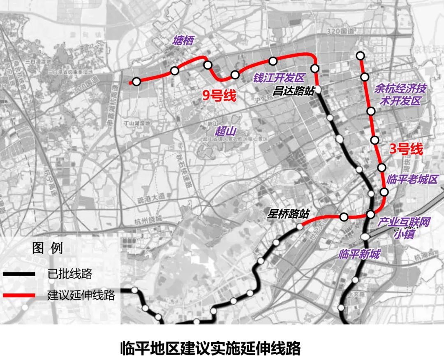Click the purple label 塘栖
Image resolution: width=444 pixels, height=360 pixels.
(183, 40)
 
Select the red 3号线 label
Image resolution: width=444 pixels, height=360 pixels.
(406, 150)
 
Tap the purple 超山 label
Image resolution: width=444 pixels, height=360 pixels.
(226, 131)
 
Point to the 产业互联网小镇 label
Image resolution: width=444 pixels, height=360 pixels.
(404, 228)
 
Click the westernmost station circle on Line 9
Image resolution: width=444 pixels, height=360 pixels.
(136, 81)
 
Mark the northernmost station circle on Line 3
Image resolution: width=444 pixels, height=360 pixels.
(361, 56)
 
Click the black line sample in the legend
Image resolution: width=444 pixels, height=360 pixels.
(19, 274)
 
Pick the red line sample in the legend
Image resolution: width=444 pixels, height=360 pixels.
(19, 295)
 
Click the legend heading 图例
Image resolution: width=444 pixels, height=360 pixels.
(47, 249)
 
